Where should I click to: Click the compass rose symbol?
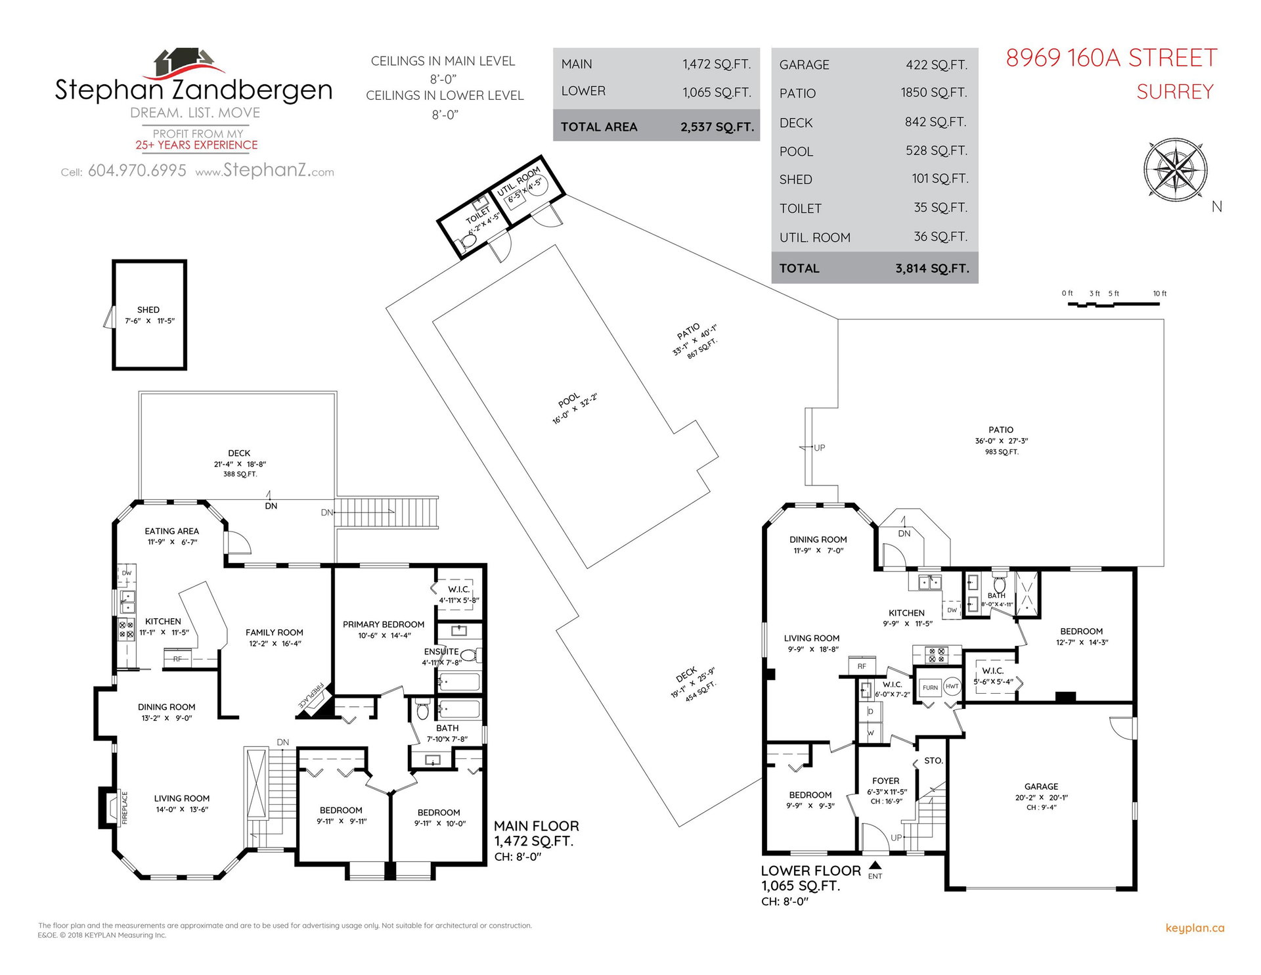tap(1175, 168)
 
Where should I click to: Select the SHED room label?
tap(148, 309)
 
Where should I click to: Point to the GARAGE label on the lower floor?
tap(1041, 786)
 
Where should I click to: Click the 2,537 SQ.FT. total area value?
tap(717, 127)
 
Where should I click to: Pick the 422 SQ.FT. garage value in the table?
tap(937, 64)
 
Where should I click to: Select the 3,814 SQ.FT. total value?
tap(932, 268)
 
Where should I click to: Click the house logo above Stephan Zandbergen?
tap(187, 63)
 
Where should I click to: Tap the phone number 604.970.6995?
tap(137, 171)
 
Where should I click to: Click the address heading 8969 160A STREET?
tap(1111, 58)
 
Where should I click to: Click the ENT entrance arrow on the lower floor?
tap(875, 865)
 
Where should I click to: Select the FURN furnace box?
tap(930, 688)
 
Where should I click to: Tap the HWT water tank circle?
tap(952, 687)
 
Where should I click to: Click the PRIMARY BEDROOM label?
tap(384, 624)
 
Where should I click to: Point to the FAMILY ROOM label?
tap(275, 632)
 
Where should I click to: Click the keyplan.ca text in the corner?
tap(1195, 928)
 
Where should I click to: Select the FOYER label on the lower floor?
tap(886, 781)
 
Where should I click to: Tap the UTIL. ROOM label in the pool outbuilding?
tap(519, 181)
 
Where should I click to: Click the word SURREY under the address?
tap(1175, 92)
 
